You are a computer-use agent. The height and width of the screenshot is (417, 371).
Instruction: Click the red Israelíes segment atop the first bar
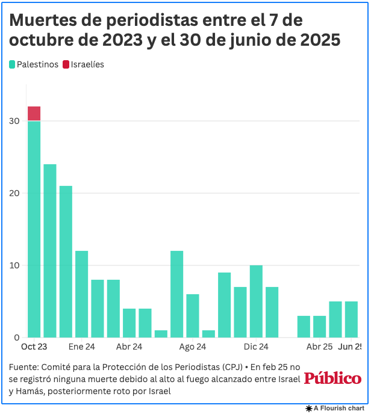(34, 113)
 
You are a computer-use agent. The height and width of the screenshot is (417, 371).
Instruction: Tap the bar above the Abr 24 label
(129, 323)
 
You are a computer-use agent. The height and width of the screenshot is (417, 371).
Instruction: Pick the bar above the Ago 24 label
(193, 315)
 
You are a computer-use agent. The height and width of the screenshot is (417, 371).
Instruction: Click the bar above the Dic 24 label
(256, 301)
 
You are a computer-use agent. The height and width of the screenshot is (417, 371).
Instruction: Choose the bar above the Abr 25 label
(319, 326)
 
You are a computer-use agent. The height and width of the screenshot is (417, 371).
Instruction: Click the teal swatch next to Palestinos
(12, 64)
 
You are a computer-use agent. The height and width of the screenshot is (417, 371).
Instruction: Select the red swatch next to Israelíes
(66, 64)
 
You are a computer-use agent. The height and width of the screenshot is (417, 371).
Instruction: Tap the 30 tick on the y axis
(14, 121)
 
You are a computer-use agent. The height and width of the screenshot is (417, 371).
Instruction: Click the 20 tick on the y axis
(14, 193)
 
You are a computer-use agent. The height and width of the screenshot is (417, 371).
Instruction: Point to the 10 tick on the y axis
(14, 265)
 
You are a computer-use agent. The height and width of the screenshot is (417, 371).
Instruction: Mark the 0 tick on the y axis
(17, 338)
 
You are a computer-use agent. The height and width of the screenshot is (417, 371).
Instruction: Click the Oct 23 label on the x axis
(34, 347)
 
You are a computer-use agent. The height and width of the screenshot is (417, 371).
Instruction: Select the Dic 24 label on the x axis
(256, 347)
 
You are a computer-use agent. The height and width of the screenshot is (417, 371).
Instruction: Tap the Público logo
(332, 378)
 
